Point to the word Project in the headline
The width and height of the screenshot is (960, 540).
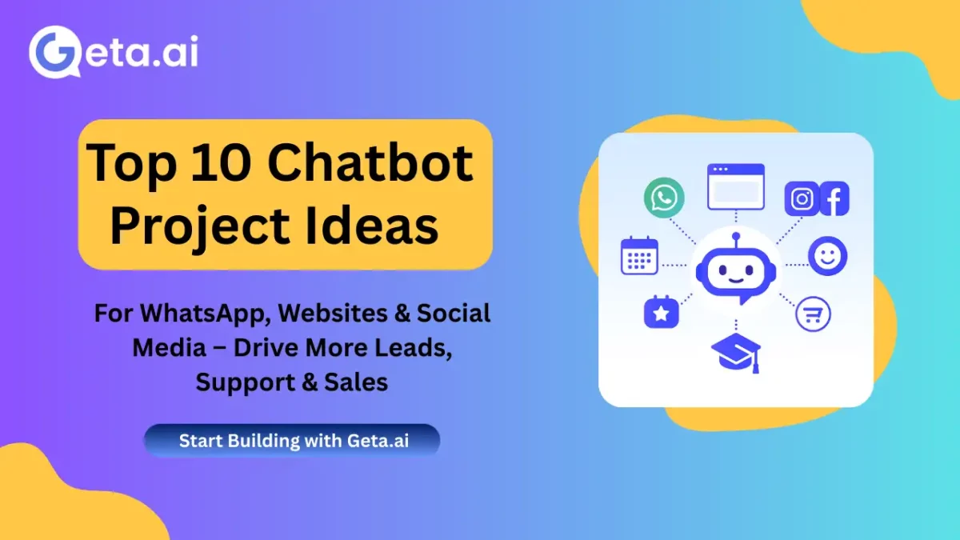click(x=200, y=226)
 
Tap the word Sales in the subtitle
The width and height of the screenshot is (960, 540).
click(x=357, y=382)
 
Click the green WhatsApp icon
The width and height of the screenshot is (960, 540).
click(x=664, y=198)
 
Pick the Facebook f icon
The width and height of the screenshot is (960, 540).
click(x=834, y=199)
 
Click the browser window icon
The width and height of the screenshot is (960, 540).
click(x=735, y=187)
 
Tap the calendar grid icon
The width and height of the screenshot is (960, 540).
click(x=639, y=256)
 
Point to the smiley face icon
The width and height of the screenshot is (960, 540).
click(x=827, y=256)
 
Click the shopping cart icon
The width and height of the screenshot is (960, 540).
click(x=813, y=314)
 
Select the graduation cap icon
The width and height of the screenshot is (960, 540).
click(x=735, y=353)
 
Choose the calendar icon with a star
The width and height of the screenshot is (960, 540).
click(x=662, y=312)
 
